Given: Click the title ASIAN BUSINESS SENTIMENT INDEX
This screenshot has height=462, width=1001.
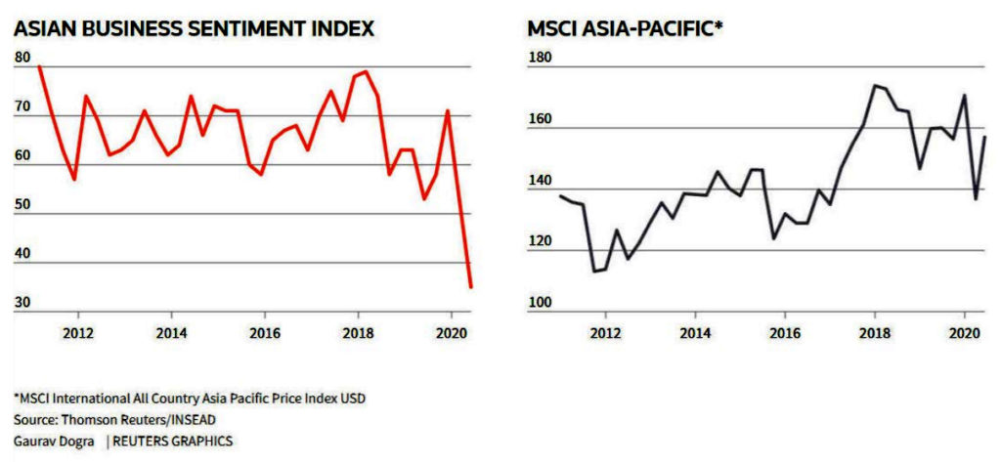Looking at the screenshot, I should click(x=194, y=28).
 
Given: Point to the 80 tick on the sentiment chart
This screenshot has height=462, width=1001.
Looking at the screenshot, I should click(x=22, y=58).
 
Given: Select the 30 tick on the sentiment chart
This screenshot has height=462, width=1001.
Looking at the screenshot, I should click(x=22, y=304).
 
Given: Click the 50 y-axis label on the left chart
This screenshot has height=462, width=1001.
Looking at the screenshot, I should click(x=22, y=205).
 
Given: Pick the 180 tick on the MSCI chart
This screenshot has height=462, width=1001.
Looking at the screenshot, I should click(x=541, y=58).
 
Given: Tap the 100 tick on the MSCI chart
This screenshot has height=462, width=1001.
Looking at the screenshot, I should click(x=541, y=304).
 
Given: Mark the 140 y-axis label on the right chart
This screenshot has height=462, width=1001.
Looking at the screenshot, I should click(x=541, y=181).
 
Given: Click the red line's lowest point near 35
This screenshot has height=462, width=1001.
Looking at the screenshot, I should click(x=471, y=287).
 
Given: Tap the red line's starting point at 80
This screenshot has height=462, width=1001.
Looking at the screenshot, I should click(x=38, y=65).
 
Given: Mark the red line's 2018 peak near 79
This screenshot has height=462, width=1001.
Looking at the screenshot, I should click(x=366, y=71).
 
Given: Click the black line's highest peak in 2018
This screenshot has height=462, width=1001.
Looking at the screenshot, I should click(x=874, y=85).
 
